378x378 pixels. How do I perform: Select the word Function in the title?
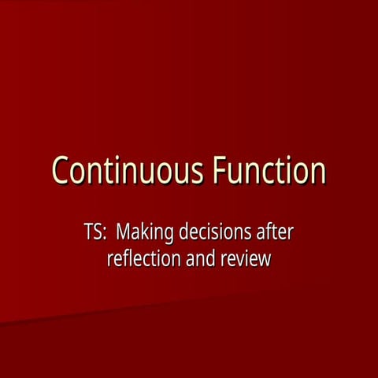tap(267, 171)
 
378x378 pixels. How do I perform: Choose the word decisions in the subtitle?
tap(215, 234)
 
